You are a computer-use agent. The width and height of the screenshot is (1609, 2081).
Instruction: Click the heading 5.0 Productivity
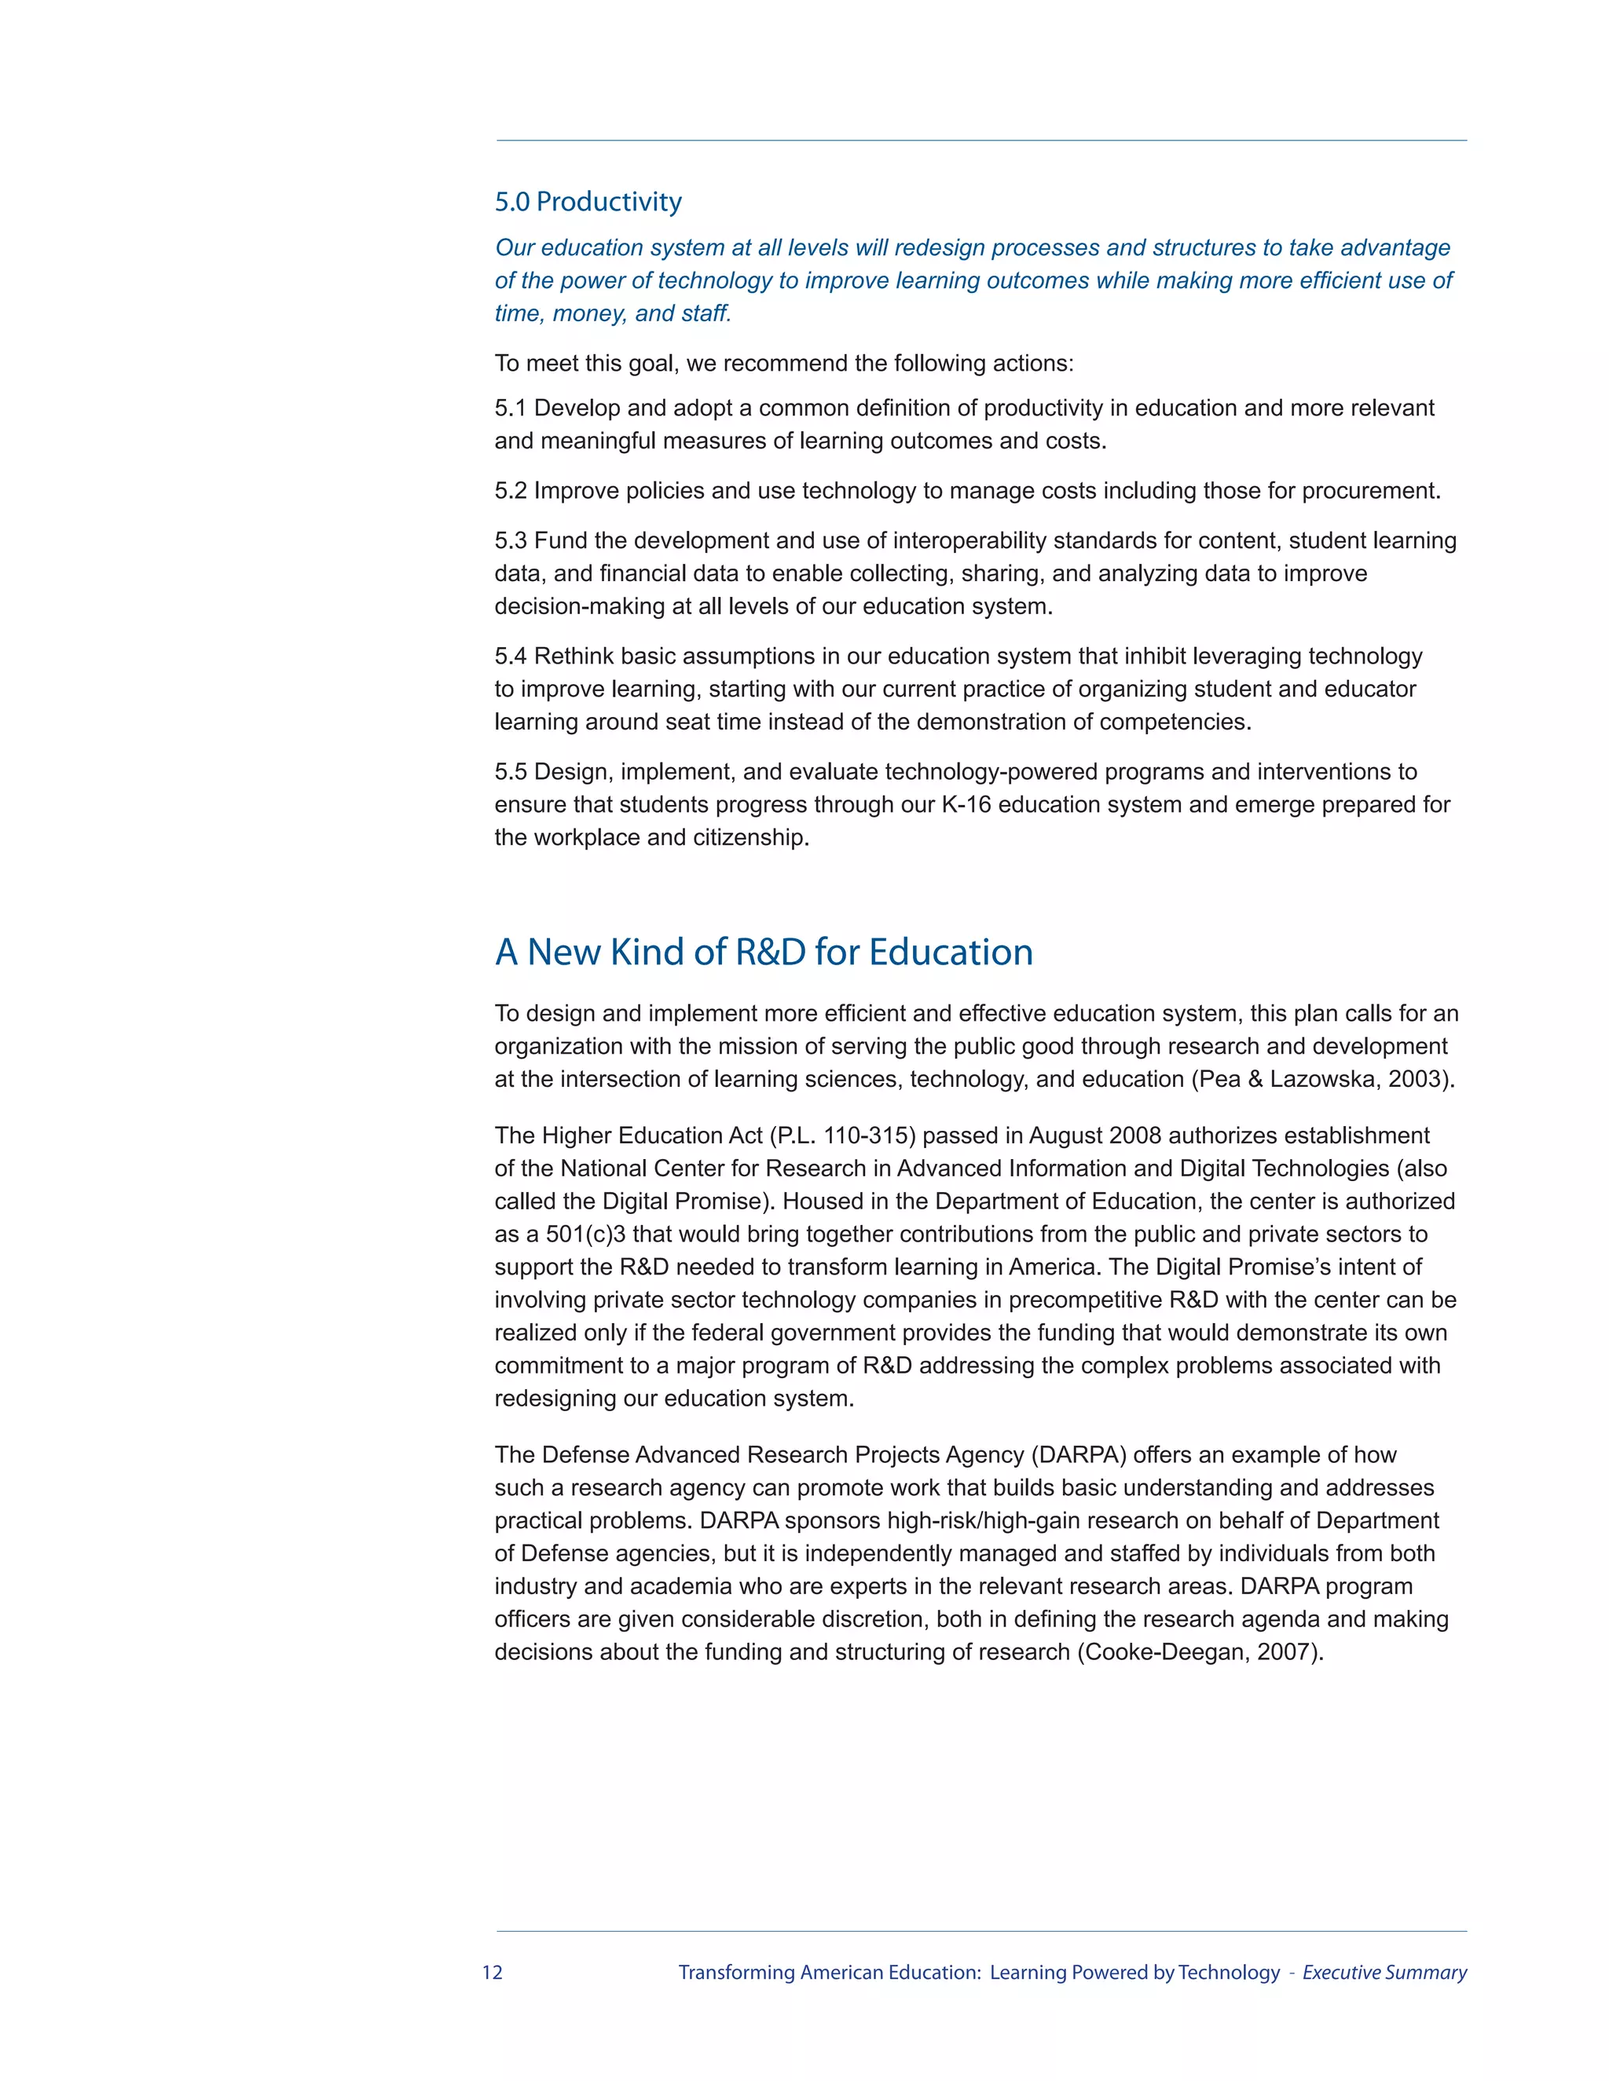(588, 202)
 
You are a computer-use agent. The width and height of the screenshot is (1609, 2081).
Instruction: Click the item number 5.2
(510, 491)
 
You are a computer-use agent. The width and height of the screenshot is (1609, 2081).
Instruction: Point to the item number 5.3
(510, 540)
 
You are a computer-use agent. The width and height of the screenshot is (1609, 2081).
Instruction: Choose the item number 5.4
(510, 656)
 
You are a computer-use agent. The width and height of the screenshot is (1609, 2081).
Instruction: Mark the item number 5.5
(510, 771)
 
